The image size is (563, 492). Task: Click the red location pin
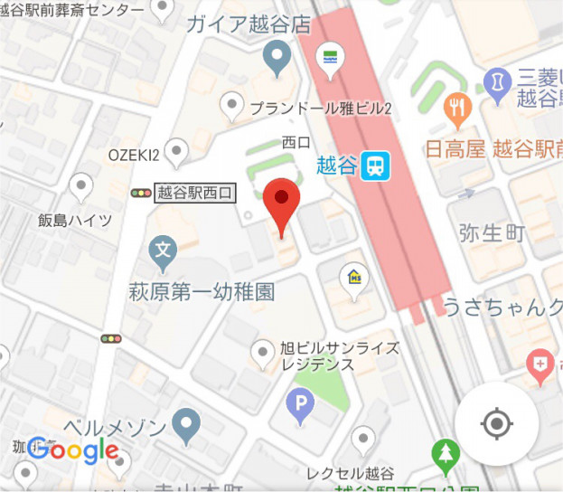tap(282, 204)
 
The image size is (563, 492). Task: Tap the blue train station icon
tap(372, 166)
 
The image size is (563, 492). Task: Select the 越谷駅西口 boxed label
tap(195, 192)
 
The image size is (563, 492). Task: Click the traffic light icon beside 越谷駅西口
tap(141, 192)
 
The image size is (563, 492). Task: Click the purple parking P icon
tap(300, 406)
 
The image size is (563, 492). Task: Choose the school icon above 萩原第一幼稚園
tap(163, 249)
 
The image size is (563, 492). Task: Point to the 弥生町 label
tap(493, 233)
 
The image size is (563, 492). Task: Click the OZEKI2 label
tap(134, 155)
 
